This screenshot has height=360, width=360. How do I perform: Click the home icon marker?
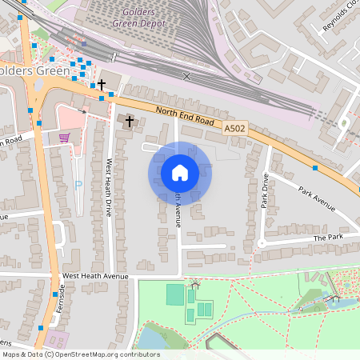[x=179, y=173]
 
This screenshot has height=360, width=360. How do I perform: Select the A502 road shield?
[x=234, y=128]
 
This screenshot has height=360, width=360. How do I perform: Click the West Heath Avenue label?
[x=95, y=277]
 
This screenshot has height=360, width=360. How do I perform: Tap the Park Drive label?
[x=264, y=192]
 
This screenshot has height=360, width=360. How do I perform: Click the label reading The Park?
[x=327, y=238]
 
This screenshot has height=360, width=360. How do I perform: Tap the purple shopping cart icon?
[x=64, y=138]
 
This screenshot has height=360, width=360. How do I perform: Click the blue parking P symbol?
[x=78, y=185]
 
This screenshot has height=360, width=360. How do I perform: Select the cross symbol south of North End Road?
[x=130, y=119]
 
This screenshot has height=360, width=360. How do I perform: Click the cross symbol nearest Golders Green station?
[x=102, y=84]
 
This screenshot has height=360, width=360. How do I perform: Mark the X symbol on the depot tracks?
[x=187, y=76]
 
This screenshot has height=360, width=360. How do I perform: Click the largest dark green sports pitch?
[x=174, y=294]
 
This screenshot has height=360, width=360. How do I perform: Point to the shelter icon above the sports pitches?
[x=194, y=285]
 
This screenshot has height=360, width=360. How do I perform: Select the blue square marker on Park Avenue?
[x=316, y=168]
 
